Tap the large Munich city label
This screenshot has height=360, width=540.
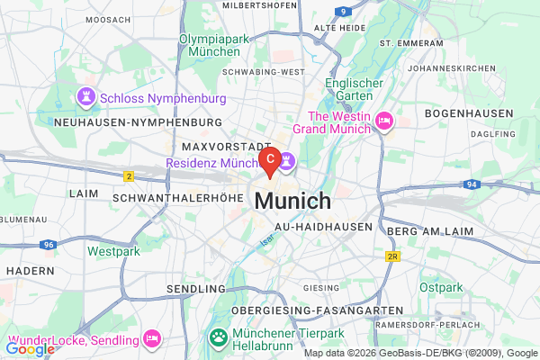(292, 200)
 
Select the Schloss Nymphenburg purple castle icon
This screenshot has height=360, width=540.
(85, 94)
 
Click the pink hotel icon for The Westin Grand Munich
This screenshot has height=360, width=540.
(384, 121)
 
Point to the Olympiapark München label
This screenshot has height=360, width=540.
(213, 45)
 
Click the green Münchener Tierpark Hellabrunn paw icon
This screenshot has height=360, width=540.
(218, 338)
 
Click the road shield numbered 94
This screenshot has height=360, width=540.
(472, 184)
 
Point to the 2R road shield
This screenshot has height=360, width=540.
(392, 256)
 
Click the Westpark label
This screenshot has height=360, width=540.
(114, 252)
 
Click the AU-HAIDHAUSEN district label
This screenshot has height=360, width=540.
(323, 228)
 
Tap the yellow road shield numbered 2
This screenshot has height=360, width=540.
(129, 175)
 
